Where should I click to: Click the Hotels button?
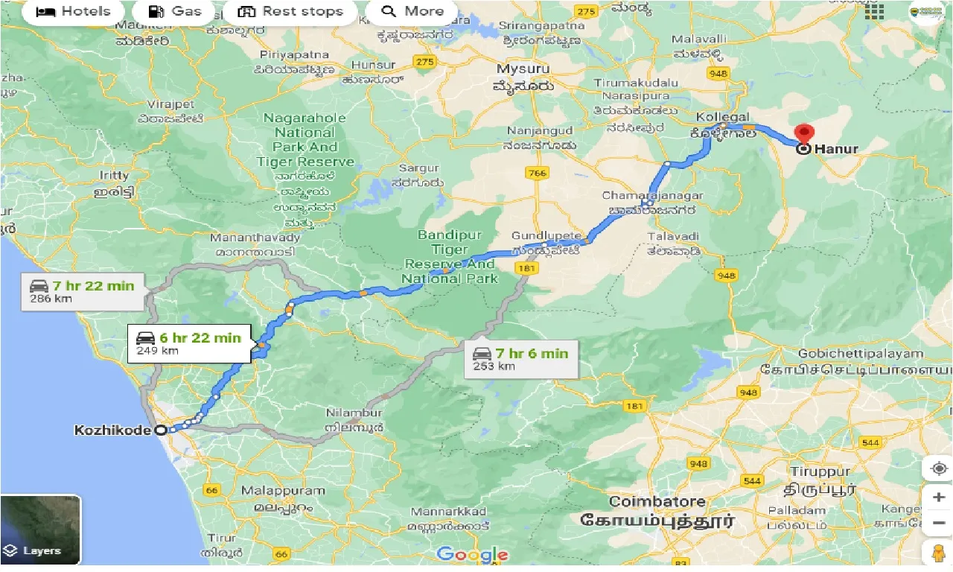73,11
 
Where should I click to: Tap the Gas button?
175,11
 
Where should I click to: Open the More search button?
412,11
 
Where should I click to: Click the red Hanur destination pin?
803,135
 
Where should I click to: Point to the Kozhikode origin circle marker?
160,430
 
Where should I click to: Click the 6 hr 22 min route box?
188,343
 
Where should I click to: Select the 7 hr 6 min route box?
520,359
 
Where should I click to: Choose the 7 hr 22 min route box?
82,291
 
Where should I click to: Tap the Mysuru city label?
523,69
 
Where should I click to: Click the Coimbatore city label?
656,501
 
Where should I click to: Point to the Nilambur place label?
354,413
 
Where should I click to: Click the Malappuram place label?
283,491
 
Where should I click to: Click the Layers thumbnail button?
41,530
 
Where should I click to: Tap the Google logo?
472,554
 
